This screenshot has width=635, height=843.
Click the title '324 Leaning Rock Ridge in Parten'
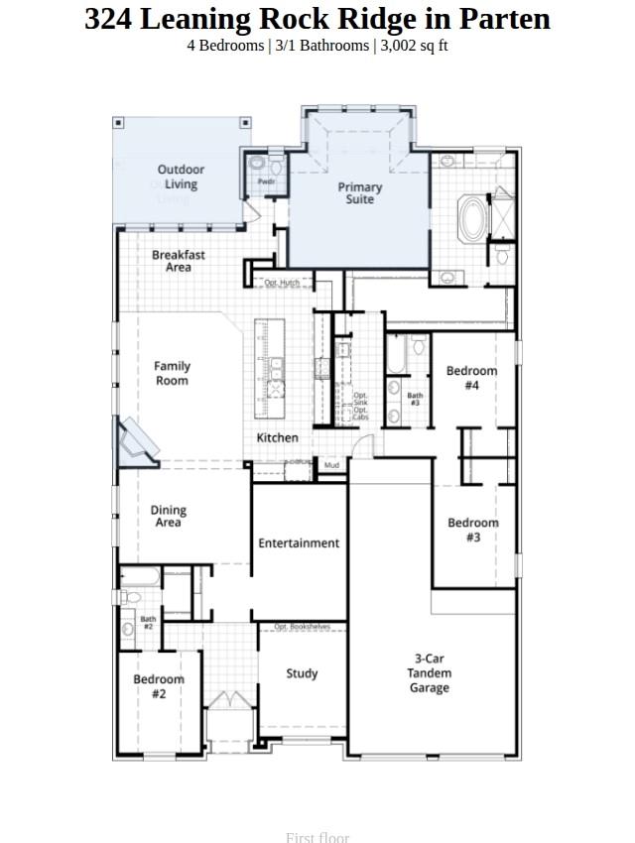tap(317, 19)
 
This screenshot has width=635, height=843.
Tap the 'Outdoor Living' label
tap(181, 177)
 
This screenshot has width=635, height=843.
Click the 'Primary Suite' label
tap(359, 193)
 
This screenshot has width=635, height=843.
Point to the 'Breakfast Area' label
tap(179, 261)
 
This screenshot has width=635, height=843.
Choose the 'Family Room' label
tap(172, 373)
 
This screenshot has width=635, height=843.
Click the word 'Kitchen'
tap(278, 437)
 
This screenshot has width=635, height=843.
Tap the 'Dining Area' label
tap(168, 517)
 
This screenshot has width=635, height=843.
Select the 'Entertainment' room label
tap(299, 543)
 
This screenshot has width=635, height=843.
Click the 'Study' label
tap(302, 673)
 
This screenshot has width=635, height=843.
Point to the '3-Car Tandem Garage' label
tap(430, 673)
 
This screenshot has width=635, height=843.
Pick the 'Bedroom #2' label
tap(159, 686)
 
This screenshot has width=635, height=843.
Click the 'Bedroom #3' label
tap(473, 530)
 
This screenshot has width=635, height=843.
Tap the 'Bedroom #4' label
tap(471, 378)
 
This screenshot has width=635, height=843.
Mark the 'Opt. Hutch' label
tap(282, 284)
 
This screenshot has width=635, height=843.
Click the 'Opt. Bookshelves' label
tap(302, 627)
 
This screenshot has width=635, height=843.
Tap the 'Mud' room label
tap(331, 465)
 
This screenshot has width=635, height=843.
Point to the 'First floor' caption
tap(317, 837)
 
